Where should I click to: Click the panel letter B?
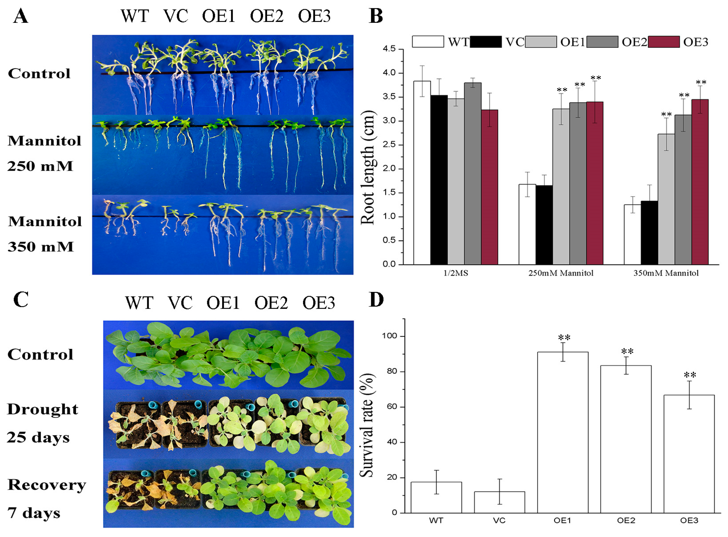click(x=376, y=16)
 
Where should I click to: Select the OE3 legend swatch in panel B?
click(x=663, y=42)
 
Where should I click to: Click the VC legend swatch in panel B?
click(x=485, y=42)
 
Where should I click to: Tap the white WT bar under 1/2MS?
click(x=422, y=172)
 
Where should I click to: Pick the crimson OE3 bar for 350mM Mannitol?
click(x=700, y=182)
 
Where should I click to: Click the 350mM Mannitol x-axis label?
click(x=666, y=273)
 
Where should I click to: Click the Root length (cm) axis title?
click(x=368, y=167)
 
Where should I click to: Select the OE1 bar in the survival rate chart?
click(x=562, y=432)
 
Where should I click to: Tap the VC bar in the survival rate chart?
click(x=499, y=502)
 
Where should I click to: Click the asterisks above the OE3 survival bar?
click(x=690, y=375)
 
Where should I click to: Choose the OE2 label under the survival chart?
click(x=626, y=520)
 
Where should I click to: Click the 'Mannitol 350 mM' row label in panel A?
click(x=44, y=234)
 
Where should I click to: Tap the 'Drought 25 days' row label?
click(x=42, y=423)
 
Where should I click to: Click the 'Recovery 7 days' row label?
click(x=47, y=499)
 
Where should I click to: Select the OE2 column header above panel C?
click(x=271, y=303)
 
